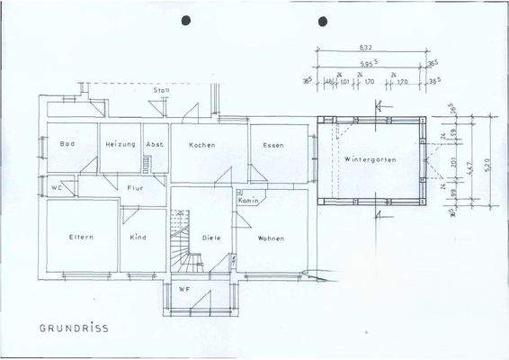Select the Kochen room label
click(201, 145)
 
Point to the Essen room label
click(273, 145)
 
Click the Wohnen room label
click(271, 238)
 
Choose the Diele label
click(211, 238)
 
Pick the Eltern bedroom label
click(82, 238)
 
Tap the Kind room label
click(138, 238)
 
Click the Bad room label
click(66, 145)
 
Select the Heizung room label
click(120, 145)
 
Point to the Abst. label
click(154, 145)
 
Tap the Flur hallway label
click(136, 188)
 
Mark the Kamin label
click(249, 201)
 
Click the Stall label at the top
click(163, 91)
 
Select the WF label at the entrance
click(183, 289)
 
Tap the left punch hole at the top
click(187, 20)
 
